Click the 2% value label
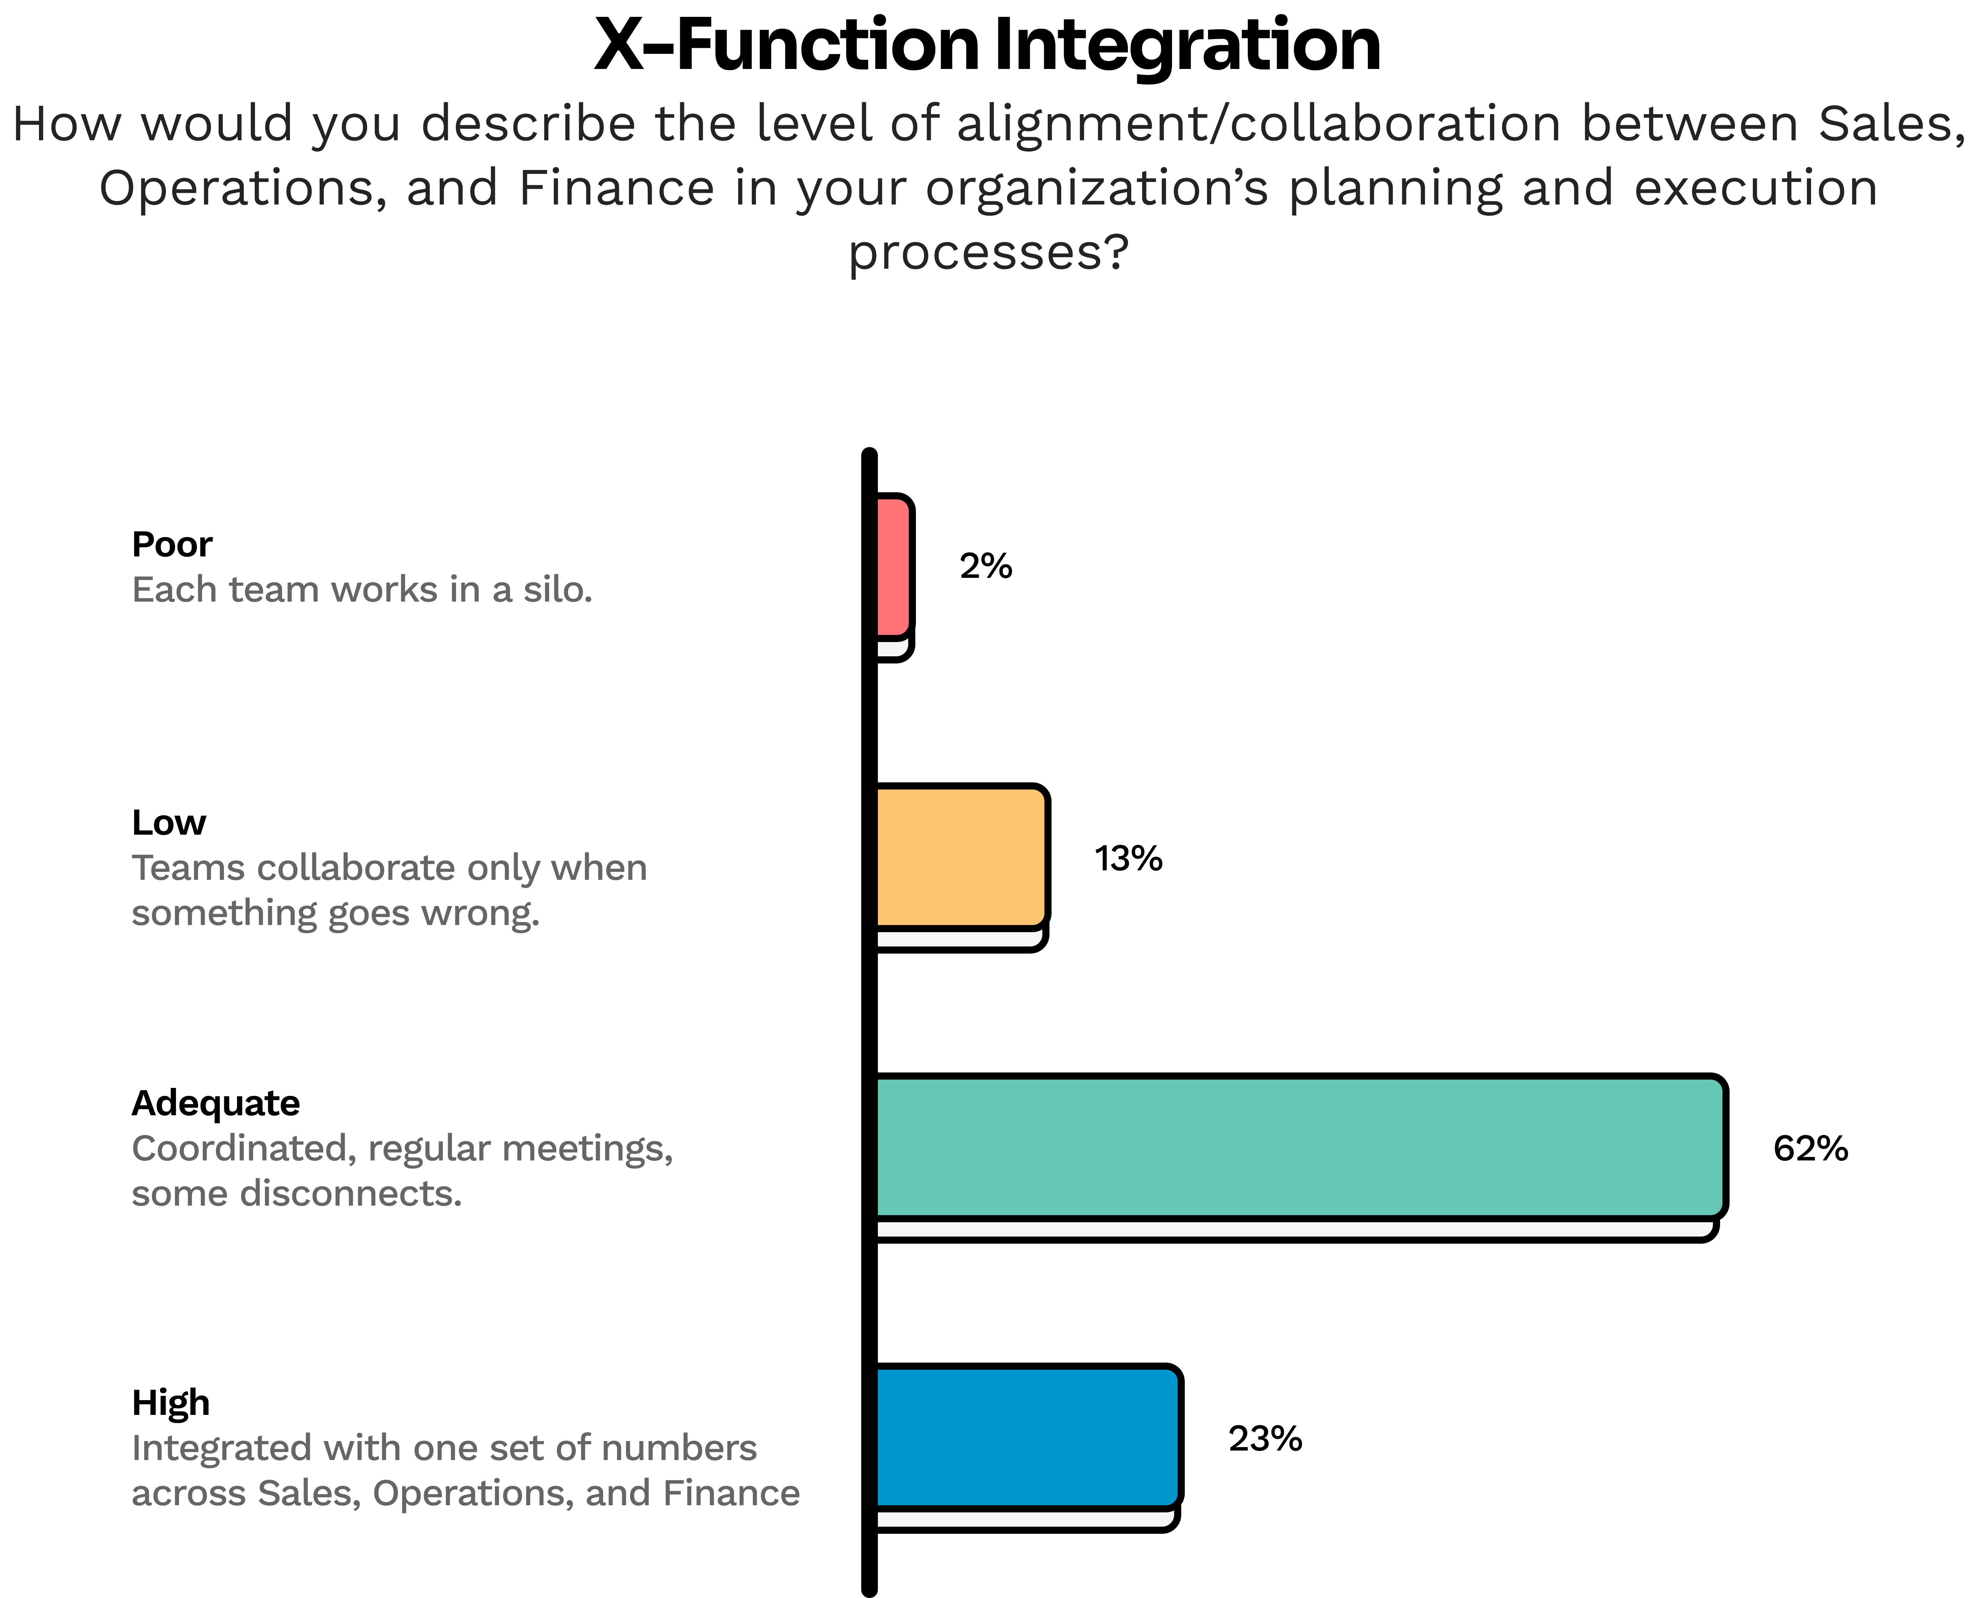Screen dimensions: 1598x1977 tap(985, 566)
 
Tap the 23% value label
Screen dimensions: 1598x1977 tap(1264, 1439)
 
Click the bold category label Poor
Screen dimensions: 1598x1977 tap(172, 544)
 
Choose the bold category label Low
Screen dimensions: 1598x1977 tap(169, 822)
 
